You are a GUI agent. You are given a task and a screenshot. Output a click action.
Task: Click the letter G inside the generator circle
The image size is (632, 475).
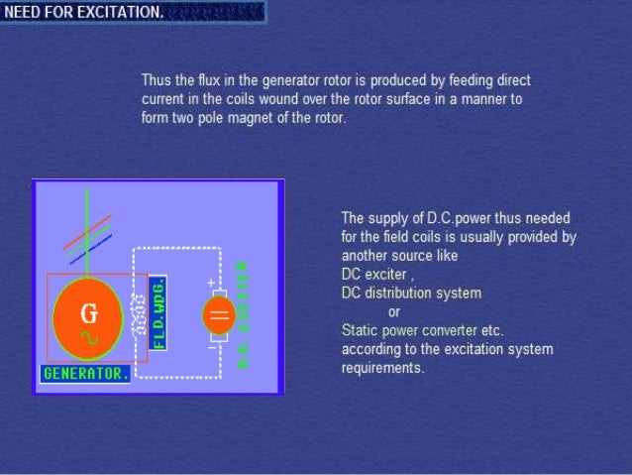click(x=89, y=313)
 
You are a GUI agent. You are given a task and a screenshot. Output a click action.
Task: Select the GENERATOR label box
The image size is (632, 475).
click(x=85, y=374)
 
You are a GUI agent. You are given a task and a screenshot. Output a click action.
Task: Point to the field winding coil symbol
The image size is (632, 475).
click(x=139, y=315)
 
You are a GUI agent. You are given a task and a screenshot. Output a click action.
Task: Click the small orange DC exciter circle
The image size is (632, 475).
click(x=218, y=316)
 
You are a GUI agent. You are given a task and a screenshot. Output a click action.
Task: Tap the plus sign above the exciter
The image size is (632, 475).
click(x=210, y=284)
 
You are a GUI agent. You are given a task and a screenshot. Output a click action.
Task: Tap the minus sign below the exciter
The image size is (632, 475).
click(x=211, y=348)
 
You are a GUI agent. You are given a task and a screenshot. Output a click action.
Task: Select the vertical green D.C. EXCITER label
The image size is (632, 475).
click(x=243, y=315)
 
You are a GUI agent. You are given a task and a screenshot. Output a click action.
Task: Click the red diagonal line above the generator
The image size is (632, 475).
click(x=87, y=232)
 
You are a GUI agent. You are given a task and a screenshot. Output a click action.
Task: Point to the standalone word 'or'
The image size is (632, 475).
click(x=394, y=311)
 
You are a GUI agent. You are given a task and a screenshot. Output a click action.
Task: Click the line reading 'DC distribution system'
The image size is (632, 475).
click(x=411, y=293)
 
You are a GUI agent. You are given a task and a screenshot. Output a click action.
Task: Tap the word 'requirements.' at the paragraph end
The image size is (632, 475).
click(x=383, y=368)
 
